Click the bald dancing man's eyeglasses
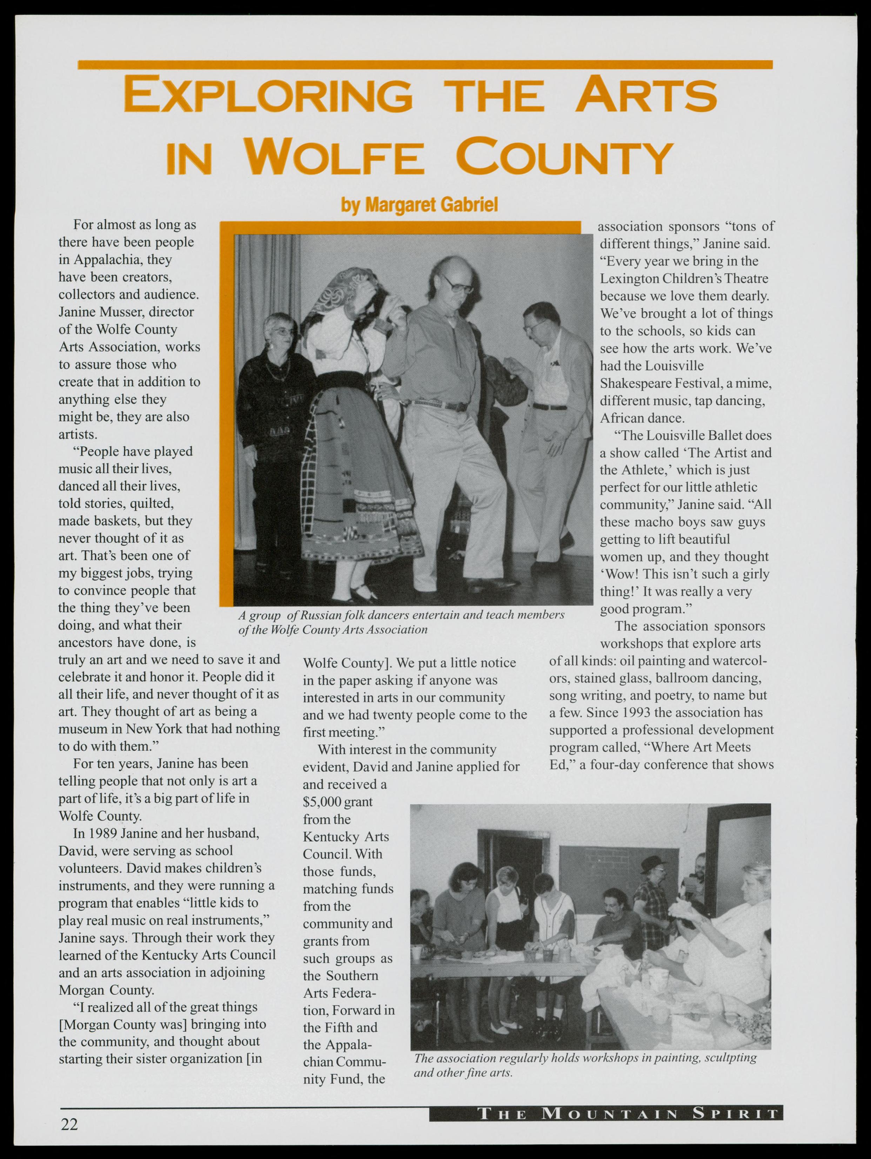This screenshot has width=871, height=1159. tap(457, 286)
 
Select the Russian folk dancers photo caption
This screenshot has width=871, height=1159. tap(401, 622)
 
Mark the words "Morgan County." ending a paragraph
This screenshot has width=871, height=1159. tap(106, 990)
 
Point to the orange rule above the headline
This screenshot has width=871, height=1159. tap(425, 65)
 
